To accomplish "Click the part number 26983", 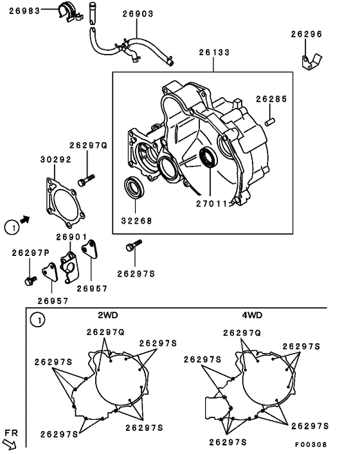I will (x=24, y=12).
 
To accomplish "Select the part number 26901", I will (x=72, y=237).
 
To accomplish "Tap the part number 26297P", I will (x=30, y=252).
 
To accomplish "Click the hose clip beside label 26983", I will (x=66, y=12).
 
